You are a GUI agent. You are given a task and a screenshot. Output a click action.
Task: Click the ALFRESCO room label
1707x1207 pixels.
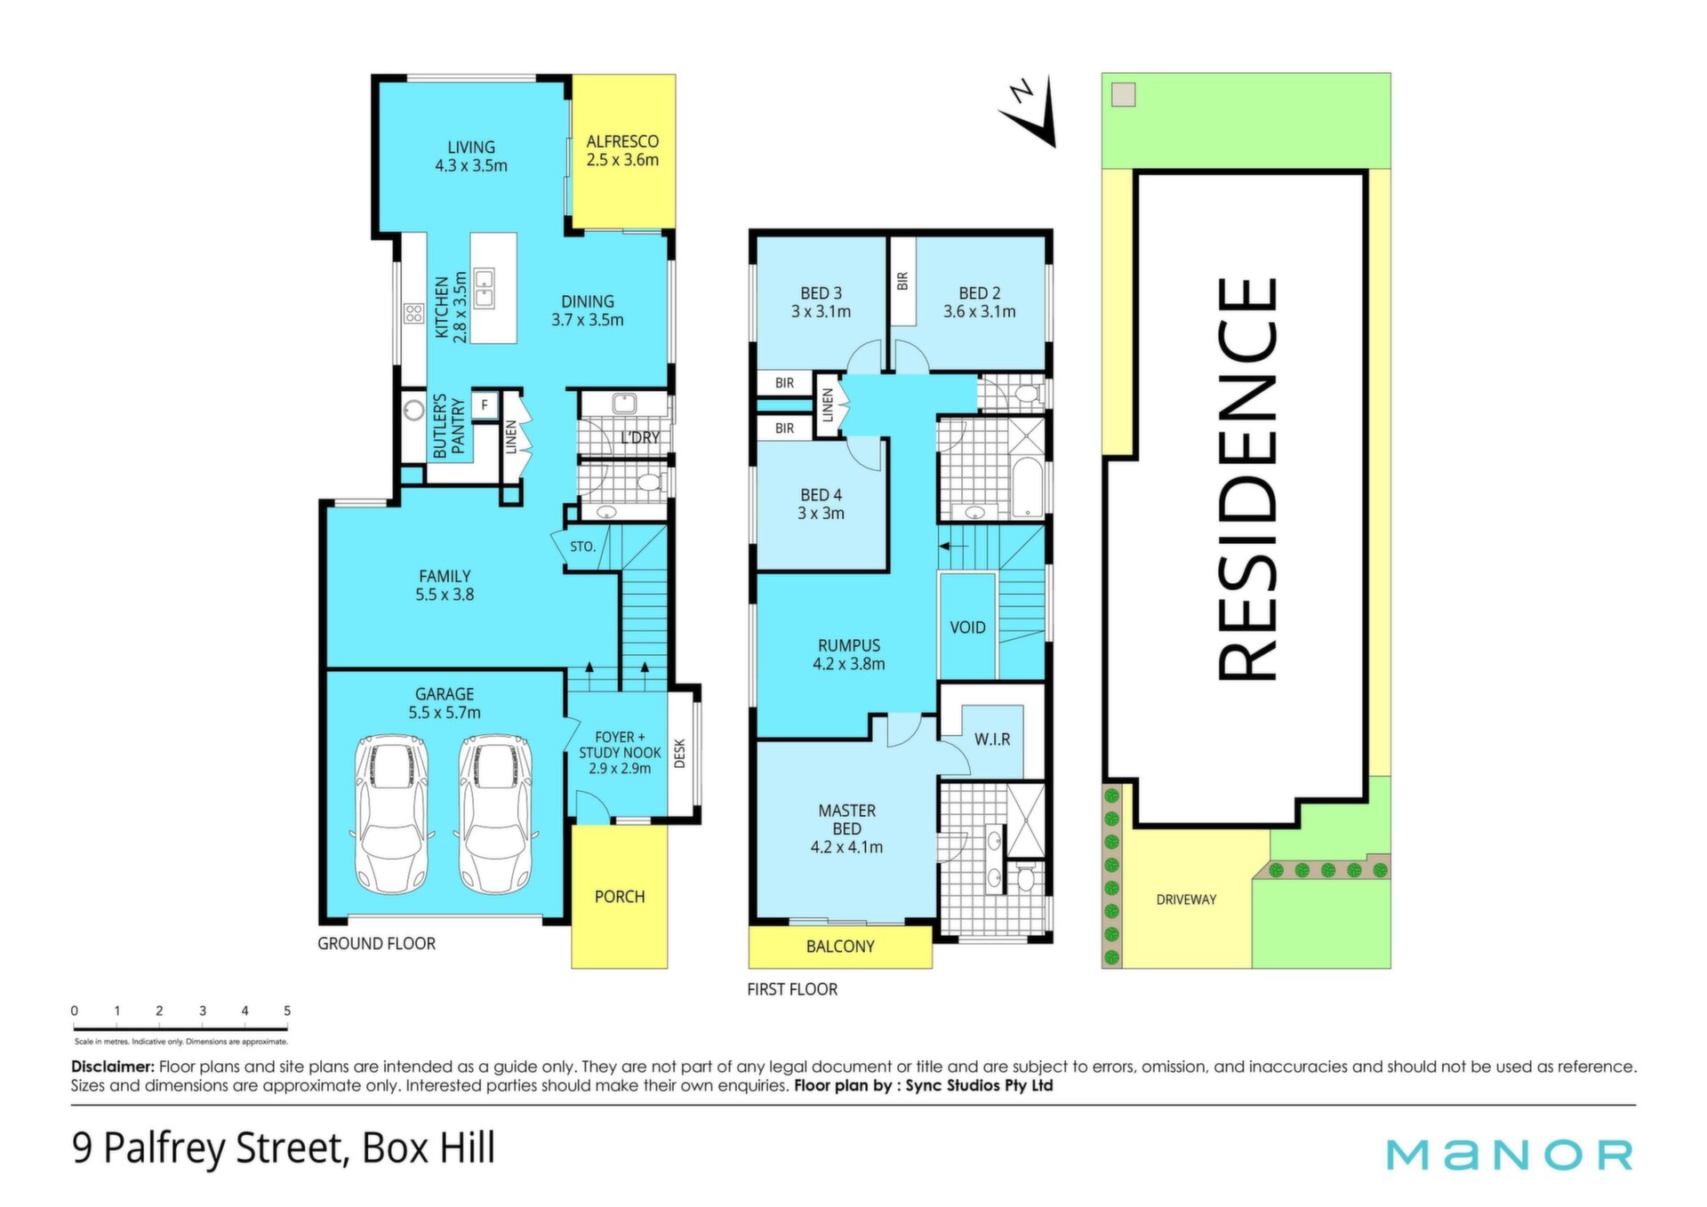coord(622,141)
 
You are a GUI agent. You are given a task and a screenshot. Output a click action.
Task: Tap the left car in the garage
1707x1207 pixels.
coord(392,813)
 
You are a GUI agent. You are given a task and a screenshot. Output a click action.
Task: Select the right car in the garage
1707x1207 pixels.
coord(496,813)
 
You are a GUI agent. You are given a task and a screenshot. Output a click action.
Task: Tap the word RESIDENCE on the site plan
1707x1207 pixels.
coord(1246,480)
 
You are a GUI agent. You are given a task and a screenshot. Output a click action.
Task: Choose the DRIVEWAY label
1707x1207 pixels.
coord(1186,899)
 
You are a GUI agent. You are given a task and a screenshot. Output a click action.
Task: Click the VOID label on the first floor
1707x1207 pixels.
coord(967,627)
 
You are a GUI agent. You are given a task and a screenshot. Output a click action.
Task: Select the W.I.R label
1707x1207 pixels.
coord(992,739)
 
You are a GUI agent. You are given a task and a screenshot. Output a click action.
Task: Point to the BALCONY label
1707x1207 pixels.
coord(840,947)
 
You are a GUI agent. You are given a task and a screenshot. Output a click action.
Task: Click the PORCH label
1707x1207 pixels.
coord(620,897)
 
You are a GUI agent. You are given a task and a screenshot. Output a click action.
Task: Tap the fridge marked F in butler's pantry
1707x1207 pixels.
coord(485,405)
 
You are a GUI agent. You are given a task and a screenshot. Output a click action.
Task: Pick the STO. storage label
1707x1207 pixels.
coord(582,547)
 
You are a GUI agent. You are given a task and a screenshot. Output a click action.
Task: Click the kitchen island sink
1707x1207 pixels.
coord(484,287)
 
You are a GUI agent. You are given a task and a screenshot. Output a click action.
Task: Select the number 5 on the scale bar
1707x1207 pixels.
coord(287,1011)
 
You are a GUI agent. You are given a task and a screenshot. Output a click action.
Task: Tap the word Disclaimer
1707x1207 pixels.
coord(113,1067)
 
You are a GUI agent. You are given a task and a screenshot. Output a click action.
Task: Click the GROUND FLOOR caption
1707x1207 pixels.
coord(376,944)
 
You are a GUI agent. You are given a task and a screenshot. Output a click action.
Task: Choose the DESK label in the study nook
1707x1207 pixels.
coord(680,754)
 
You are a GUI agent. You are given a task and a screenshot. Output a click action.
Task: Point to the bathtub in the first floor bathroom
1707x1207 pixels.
coord(1027,487)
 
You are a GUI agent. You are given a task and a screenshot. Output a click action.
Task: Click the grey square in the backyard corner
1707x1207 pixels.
coord(1124,95)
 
